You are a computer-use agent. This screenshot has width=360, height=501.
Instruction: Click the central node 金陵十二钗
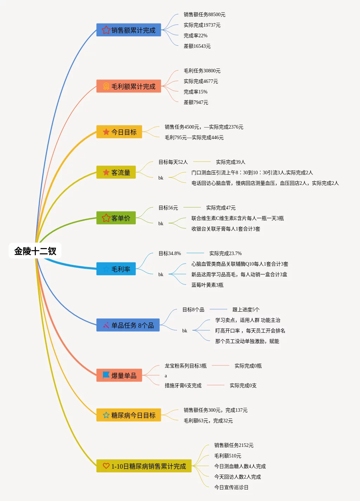click(35, 251)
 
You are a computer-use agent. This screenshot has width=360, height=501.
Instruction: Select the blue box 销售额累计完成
click(129, 30)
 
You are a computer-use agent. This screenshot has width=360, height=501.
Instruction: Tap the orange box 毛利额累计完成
click(129, 86)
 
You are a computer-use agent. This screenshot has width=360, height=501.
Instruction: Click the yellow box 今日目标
click(119, 132)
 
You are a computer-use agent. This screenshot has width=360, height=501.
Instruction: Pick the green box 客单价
click(116, 218)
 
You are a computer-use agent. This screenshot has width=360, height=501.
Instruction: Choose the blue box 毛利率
click(116, 269)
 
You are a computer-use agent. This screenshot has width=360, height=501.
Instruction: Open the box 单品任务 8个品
click(128, 325)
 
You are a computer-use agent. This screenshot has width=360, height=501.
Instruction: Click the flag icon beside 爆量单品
click(106, 375)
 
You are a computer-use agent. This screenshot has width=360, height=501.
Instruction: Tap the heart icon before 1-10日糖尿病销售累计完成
click(106, 466)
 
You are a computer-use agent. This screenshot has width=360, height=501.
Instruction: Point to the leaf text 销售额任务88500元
click(204, 15)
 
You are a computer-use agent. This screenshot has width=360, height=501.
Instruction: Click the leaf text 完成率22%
click(195, 36)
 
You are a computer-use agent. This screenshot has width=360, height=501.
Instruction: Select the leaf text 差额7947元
click(196, 103)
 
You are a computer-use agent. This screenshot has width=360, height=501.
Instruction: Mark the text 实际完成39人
click(230, 162)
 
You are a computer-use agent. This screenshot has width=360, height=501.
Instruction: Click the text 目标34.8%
click(170, 254)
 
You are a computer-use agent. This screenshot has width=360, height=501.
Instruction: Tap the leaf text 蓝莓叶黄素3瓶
click(207, 285)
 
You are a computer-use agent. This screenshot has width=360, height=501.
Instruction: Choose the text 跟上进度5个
click(246, 310)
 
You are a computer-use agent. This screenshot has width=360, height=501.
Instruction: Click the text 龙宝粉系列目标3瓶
click(185, 366)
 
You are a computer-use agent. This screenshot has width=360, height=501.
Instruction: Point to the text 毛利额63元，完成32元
click(208, 421)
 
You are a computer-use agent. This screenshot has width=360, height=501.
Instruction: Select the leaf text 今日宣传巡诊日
click(231, 488)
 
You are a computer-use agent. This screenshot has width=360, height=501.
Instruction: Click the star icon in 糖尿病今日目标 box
click(106, 415)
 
